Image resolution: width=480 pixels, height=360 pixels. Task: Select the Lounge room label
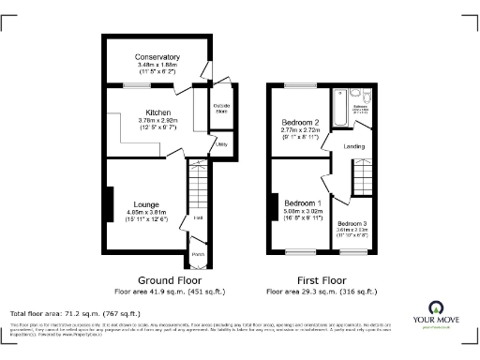(x=145, y=204)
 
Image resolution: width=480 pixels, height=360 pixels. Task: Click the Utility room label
(x=222, y=144)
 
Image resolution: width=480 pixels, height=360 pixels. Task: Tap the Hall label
(x=198, y=218)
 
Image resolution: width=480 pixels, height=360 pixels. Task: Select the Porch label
(x=198, y=255)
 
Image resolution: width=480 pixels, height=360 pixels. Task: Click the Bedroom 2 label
(x=302, y=123)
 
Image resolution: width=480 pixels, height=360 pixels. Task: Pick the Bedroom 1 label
(x=302, y=203)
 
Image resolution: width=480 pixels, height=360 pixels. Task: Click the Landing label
(x=354, y=146)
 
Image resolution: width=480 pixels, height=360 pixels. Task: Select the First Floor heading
(x=320, y=280)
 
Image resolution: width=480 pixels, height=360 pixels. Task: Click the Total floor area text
(x=75, y=313)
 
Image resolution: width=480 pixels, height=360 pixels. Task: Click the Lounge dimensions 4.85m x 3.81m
(x=145, y=213)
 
